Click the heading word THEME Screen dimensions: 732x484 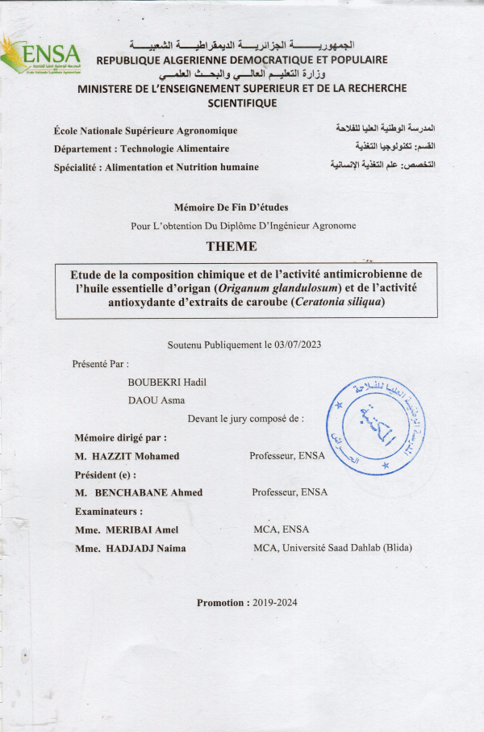232,246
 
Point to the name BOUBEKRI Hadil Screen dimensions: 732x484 167,382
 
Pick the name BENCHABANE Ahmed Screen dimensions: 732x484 149,492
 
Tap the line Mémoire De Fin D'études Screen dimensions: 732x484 231,207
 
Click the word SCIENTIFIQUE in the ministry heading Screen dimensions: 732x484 242,103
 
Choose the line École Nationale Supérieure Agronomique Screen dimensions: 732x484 145,131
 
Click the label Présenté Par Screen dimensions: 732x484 100,364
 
